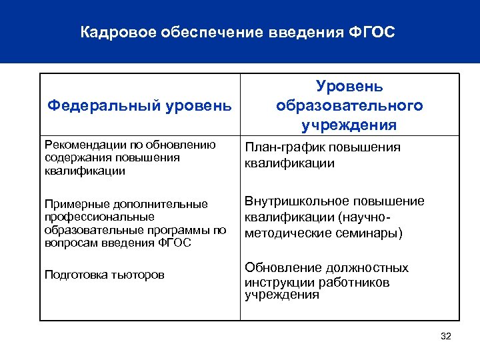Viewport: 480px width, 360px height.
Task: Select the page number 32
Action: [446, 336]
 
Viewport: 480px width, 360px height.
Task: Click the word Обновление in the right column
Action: [279, 268]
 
